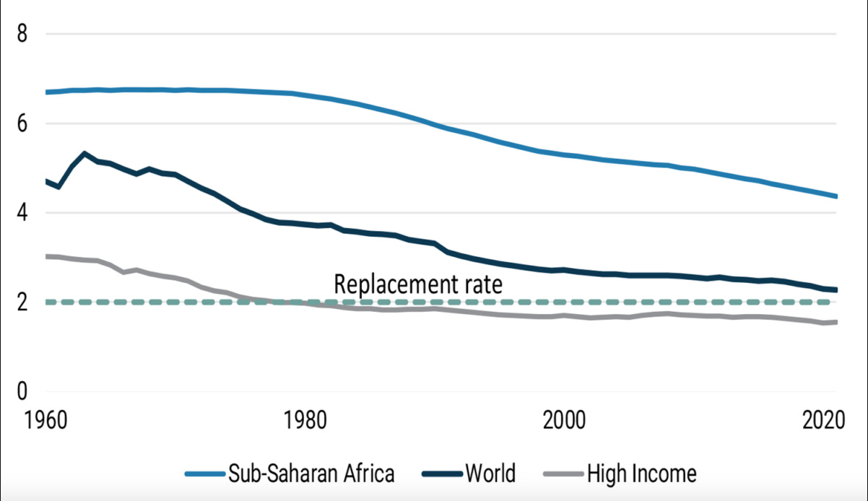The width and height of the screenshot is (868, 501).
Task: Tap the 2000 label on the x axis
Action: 563,421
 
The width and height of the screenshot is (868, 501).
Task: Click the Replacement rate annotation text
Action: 417,284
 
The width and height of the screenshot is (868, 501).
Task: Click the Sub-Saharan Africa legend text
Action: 312,474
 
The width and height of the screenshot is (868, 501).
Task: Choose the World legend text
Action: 490,474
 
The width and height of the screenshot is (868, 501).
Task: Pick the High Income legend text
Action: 641,474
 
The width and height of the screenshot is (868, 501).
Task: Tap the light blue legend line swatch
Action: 205,474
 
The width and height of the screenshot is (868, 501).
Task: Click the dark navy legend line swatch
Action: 440,474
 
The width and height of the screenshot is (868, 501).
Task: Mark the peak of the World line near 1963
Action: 84,154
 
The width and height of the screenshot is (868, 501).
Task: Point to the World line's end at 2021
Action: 836,290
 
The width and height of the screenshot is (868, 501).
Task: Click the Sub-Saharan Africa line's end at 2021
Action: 836,196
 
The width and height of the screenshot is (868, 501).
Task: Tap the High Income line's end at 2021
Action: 836,322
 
